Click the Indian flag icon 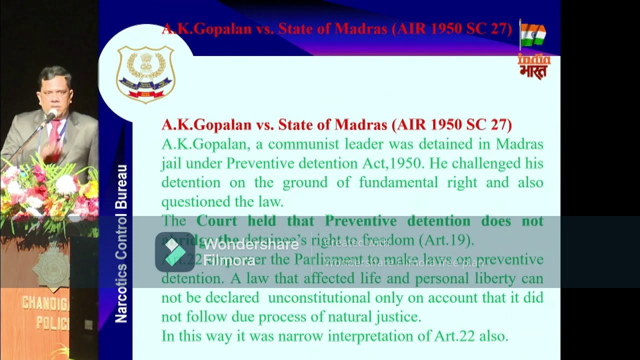[533, 34]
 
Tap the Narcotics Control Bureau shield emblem [145, 74]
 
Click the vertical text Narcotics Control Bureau [121, 243]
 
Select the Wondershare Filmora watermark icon [174, 252]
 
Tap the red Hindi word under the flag [533, 71]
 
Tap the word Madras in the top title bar [360, 28]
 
